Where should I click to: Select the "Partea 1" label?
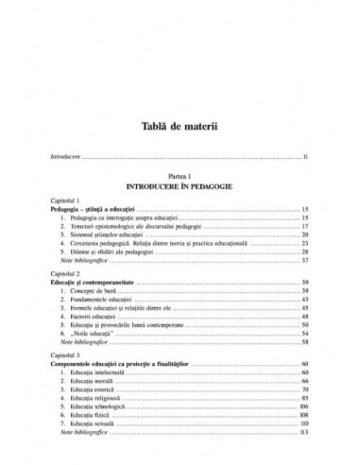click(x=179, y=177)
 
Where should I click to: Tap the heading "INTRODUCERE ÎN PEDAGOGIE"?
click(x=179, y=186)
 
